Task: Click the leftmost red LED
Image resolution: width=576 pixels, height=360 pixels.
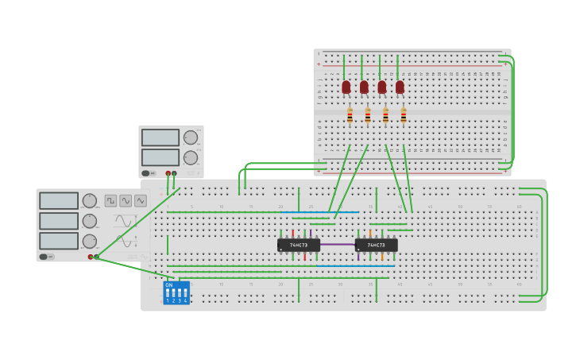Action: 346,87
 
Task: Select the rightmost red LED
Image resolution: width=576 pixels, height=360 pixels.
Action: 400,87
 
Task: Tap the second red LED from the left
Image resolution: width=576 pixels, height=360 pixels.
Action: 364,87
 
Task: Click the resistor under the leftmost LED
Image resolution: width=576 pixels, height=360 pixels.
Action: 350,116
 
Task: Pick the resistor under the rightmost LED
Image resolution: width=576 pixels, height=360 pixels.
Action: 404,116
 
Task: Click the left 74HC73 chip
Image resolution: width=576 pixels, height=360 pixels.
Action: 299,245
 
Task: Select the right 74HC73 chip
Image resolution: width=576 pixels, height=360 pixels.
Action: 376,245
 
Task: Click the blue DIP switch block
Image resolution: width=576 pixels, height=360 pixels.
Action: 176,292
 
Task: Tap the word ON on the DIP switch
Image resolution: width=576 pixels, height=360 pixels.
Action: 168,285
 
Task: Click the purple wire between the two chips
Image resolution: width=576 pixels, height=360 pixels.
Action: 338,245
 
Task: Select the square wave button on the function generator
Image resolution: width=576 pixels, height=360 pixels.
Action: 110,200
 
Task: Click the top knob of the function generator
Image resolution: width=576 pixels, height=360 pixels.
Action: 89,200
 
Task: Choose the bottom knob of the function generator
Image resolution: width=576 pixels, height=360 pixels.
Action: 89,241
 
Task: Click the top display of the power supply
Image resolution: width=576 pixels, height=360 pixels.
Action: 160,137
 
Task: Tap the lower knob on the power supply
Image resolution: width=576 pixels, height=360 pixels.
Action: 190,157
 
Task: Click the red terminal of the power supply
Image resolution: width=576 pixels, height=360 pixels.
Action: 168,173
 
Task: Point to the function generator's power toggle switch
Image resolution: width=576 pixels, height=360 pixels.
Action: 45,257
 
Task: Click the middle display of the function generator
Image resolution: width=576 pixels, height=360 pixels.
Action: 59,221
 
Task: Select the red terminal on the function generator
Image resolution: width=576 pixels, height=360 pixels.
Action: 91,257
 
